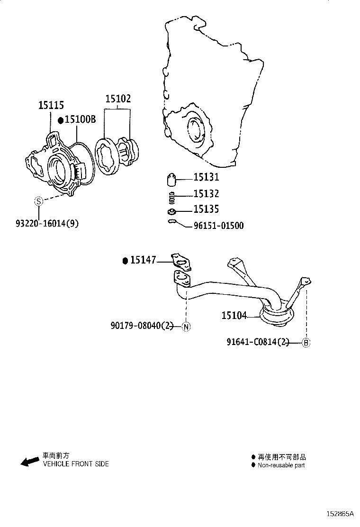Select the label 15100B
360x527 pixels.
(80, 120)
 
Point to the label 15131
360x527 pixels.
(206, 177)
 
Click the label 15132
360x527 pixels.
(206, 194)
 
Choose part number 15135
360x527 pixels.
(206, 209)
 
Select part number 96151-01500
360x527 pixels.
(218, 226)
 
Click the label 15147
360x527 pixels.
(143, 260)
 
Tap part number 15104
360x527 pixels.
(234, 315)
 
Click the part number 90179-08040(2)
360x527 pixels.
(143, 326)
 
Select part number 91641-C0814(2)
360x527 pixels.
(257, 342)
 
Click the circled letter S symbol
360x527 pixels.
(39, 201)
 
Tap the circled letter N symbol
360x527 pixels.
(186, 326)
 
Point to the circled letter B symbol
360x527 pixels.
(306, 343)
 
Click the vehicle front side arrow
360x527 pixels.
(30, 461)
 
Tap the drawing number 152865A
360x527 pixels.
(339, 514)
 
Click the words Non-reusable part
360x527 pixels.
(281, 465)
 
